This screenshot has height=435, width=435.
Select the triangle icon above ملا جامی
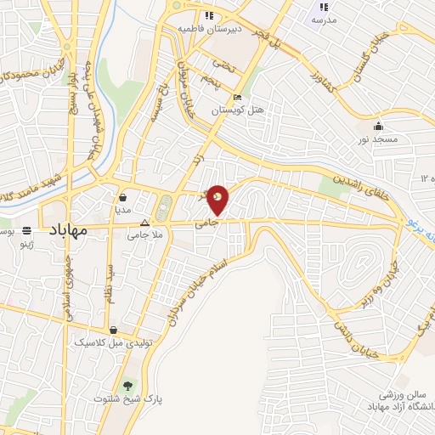144,225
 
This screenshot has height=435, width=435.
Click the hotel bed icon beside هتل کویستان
237,99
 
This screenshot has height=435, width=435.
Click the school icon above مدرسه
324,8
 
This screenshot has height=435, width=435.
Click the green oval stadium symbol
164,206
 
